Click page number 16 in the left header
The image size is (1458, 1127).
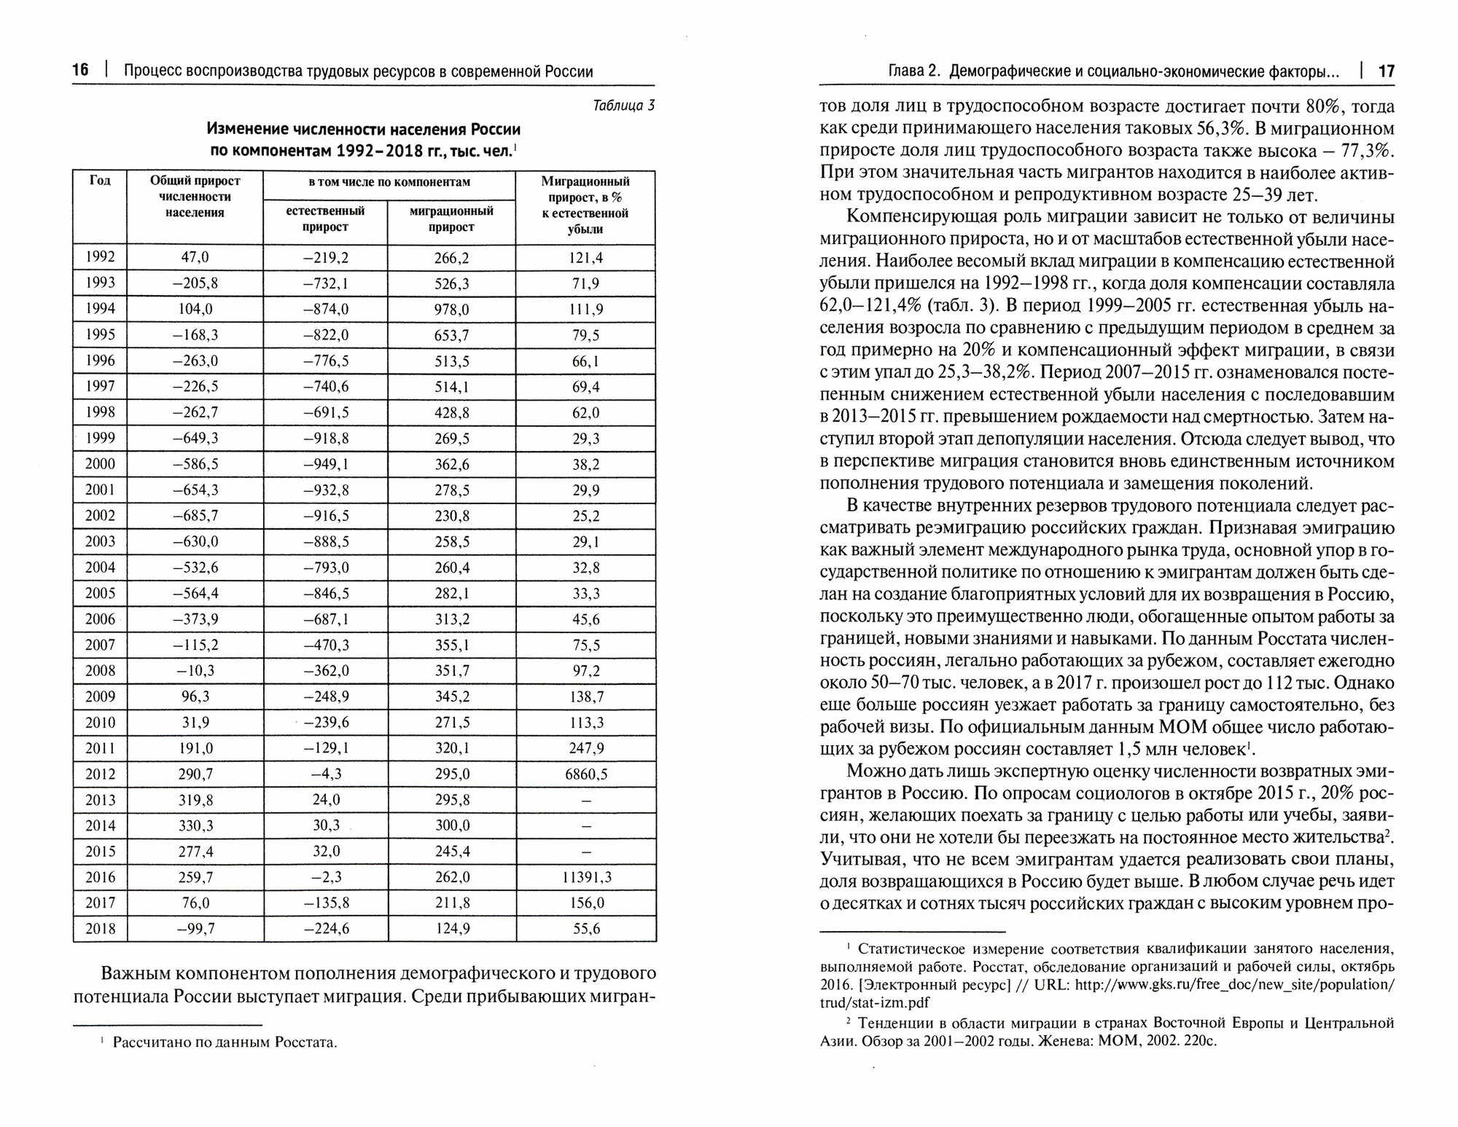point(80,71)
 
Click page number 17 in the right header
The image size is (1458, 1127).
point(1386,71)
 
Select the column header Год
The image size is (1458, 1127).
point(100,181)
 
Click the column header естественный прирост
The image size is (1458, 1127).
point(325,219)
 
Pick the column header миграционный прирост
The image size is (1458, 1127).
point(451,219)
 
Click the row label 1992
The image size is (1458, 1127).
point(100,257)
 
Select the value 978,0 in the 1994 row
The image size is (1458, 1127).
point(452,309)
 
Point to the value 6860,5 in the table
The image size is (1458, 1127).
point(585,774)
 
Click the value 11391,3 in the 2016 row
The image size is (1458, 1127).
point(585,877)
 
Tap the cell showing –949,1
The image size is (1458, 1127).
point(325,464)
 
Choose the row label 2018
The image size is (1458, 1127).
point(100,929)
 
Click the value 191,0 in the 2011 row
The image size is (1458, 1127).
point(195,748)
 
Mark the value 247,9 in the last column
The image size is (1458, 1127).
point(585,748)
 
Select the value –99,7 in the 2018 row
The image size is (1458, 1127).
point(195,929)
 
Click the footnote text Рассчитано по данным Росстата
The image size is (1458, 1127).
point(225,1042)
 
